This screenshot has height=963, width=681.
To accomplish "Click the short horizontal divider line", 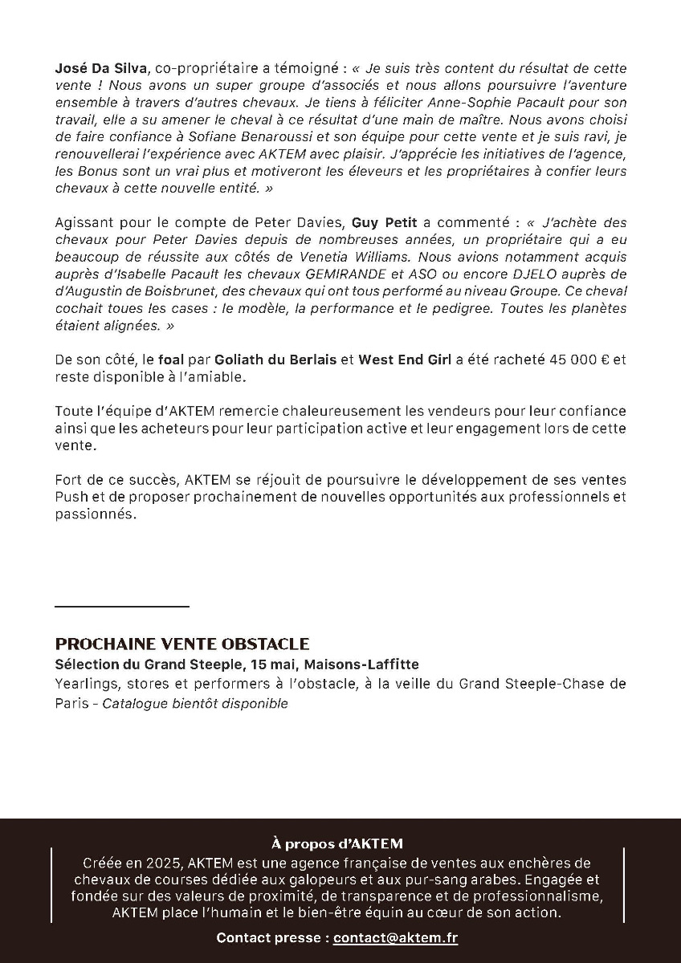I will [x=122, y=607].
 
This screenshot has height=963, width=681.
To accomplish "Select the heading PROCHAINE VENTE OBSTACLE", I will [x=182, y=644].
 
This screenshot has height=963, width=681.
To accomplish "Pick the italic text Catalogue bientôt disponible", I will [x=195, y=704].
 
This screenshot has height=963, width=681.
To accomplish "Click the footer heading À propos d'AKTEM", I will [x=337, y=843].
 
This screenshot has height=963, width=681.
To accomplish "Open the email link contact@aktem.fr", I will [x=395, y=937].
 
